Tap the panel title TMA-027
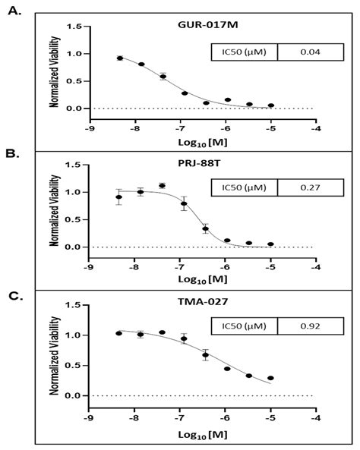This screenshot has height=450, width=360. click(x=201, y=307)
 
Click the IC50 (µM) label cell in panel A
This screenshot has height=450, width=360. click(x=244, y=52)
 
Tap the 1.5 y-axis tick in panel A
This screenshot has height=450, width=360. click(x=74, y=27)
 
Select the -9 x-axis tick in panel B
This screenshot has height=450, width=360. click(x=89, y=266)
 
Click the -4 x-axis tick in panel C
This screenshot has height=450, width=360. click(x=316, y=417)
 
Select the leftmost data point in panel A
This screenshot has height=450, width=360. click(x=119, y=58)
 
